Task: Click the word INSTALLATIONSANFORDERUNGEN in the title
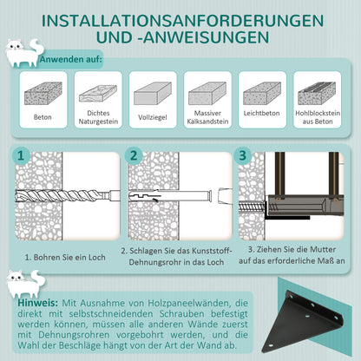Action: click(180, 19)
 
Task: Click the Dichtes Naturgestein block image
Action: click(97, 94)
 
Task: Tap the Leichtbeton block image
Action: click(261, 94)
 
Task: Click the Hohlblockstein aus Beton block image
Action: click(316, 94)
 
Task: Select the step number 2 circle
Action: click(133, 156)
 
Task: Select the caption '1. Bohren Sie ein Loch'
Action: click(66, 257)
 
